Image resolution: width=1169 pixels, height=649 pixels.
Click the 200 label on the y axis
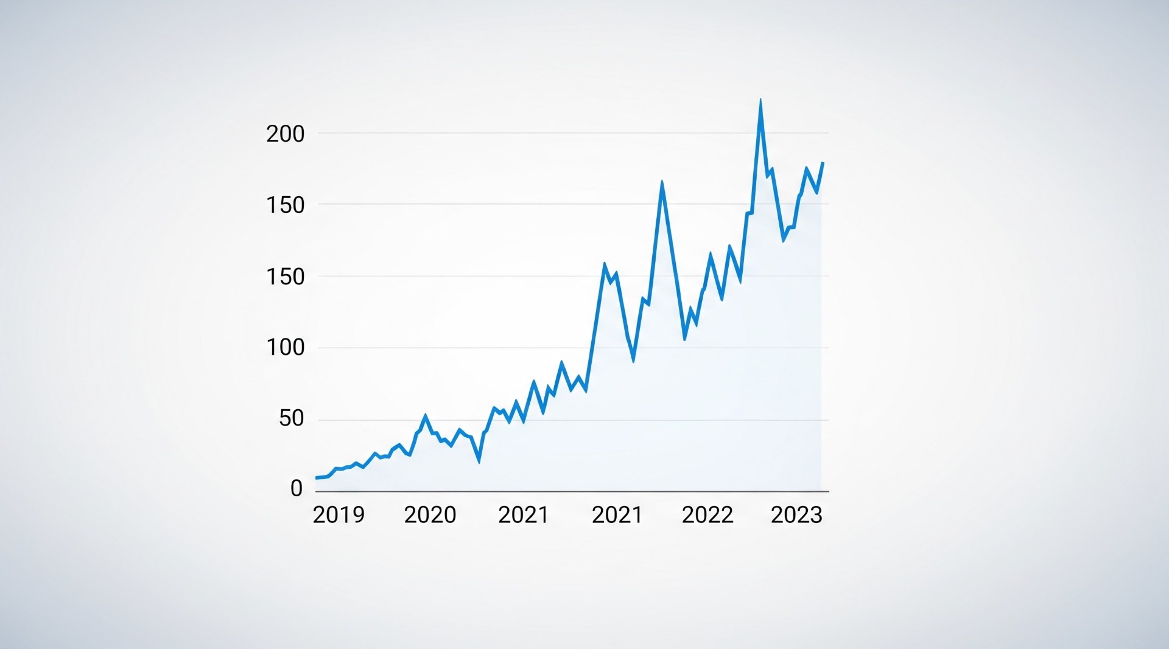click(x=285, y=134)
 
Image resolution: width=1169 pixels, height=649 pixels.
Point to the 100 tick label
click(x=285, y=348)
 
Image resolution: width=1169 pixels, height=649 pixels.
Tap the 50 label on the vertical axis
click(x=291, y=418)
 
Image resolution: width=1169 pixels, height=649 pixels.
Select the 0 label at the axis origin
click(x=297, y=488)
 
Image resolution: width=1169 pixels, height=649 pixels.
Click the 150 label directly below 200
click(x=285, y=205)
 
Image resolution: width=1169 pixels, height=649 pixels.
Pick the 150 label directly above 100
click(x=285, y=276)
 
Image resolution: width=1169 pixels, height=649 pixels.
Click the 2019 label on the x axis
click(x=339, y=515)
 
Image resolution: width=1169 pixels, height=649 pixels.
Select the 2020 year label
click(x=430, y=515)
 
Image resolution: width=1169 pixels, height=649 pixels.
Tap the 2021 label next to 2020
click(x=524, y=515)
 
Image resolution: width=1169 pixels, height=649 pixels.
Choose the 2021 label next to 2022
click(x=617, y=515)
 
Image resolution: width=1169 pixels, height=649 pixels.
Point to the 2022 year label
click(x=707, y=515)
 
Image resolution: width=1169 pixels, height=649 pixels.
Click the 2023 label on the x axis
click(x=796, y=515)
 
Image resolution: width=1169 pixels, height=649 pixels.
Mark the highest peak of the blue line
click(x=760, y=100)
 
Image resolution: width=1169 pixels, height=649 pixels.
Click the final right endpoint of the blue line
click(x=823, y=163)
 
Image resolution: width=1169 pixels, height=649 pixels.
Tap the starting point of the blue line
click(x=317, y=478)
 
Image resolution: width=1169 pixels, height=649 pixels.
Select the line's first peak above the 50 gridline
click(x=425, y=416)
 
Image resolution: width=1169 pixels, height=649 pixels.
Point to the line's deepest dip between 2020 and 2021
click(x=479, y=461)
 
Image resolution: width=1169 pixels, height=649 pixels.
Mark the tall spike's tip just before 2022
click(x=662, y=182)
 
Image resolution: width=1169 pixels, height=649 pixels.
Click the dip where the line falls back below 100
click(x=633, y=361)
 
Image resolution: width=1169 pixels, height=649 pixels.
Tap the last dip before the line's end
click(x=816, y=193)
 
